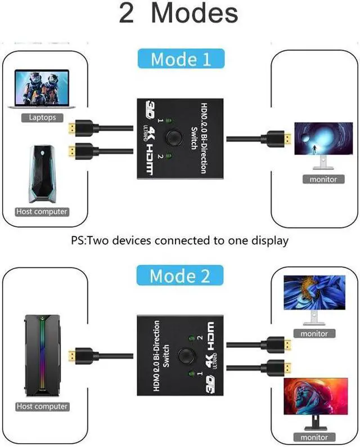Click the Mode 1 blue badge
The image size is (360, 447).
tap(181, 59)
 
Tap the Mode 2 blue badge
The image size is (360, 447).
tap(179, 276)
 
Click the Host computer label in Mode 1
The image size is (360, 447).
tap(42, 212)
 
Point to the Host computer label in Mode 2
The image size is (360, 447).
tap(42, 406)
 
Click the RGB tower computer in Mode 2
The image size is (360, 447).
tap(41, 356)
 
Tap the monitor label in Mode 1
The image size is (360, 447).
tap(323, 180)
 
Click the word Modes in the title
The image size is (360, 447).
tap(195, 14)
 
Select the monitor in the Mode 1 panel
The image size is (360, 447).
tap(317, 144)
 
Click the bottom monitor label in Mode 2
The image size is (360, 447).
tap(314, 437)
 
